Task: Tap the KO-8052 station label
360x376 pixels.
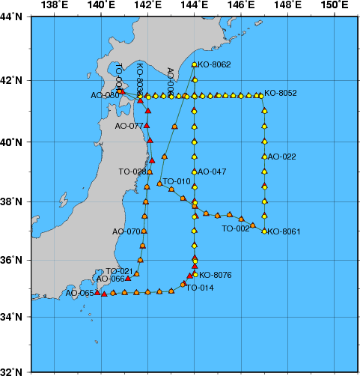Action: pos(281,94)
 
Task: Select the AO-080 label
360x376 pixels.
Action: pos(104,95)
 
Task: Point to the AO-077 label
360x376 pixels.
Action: pos(129,127)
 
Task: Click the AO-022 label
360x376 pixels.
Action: pos(281,157)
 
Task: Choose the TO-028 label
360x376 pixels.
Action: pos(132,172)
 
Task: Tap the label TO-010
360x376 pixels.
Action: pos(177,181)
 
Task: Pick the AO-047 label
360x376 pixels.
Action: pos(212,172)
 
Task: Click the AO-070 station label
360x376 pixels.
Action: pos(126,231)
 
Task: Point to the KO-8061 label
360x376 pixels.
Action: pos(284,231)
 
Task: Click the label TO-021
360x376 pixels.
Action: pos(119,270)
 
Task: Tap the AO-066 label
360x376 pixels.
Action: pos(113,279)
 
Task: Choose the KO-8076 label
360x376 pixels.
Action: pos(216,275)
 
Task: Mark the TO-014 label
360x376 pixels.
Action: pos(200,288)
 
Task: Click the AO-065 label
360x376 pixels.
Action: pos(80,293)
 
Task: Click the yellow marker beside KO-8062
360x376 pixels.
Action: pos(195,65)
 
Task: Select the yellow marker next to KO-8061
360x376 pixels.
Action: pos(264,231)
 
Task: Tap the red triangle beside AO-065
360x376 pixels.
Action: pos(97,293)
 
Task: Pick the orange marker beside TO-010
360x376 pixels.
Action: pos(159,183)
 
